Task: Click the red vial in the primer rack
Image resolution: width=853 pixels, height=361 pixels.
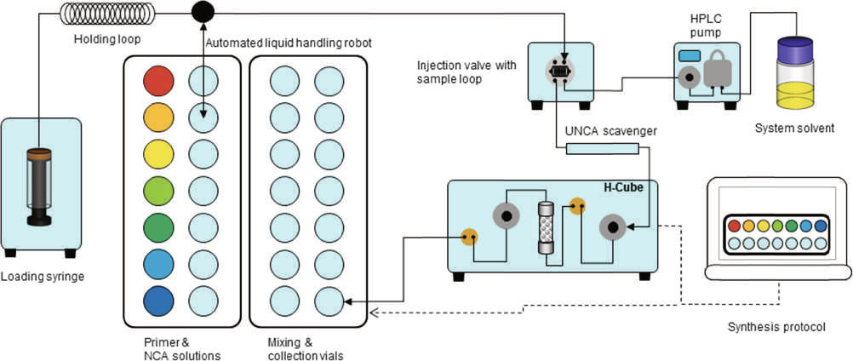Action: coord(157,81)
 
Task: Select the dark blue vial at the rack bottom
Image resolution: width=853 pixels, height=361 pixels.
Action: coord(157,302)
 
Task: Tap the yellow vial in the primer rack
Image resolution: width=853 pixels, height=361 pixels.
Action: coord(157,155)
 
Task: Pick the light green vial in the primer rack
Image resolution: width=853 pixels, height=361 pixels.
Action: coord(157,192)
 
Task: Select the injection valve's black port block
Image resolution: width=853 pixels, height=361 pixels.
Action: coord(559,73)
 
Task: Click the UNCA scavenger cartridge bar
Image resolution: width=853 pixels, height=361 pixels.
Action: coord(602,150)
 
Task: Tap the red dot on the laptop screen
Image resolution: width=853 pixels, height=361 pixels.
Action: coord(735,226)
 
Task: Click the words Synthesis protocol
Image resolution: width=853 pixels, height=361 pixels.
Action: coord(776,328)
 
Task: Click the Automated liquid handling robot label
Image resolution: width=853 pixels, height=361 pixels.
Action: coord(289,43)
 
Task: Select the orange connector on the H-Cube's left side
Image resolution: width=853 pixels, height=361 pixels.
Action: coord(468,236)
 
